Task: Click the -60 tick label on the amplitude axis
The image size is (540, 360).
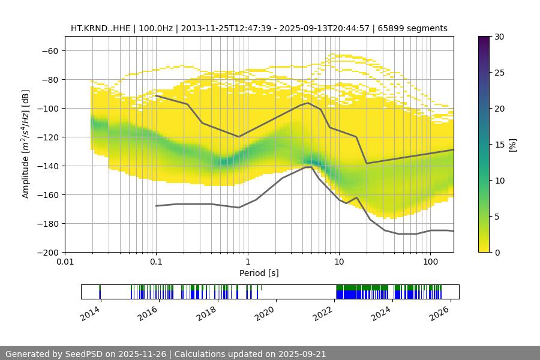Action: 49,51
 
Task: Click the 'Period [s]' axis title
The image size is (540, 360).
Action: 259,273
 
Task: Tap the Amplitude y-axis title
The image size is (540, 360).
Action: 26,144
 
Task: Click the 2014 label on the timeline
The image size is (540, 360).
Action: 91,312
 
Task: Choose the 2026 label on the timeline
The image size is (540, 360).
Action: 440,312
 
